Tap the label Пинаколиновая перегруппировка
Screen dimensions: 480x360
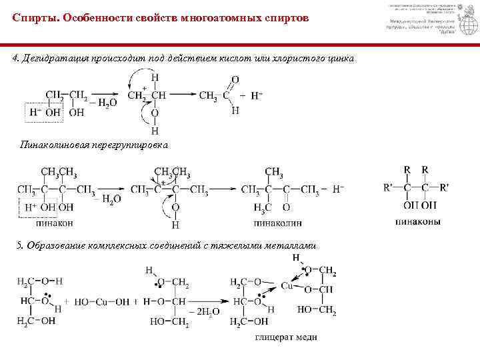pyautogui.click(x=86, y=145)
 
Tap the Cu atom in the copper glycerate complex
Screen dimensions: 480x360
pyautogui.click(x=287, y=285)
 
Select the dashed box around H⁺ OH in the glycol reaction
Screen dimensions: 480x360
pyautogui.click(x=43, y=112)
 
